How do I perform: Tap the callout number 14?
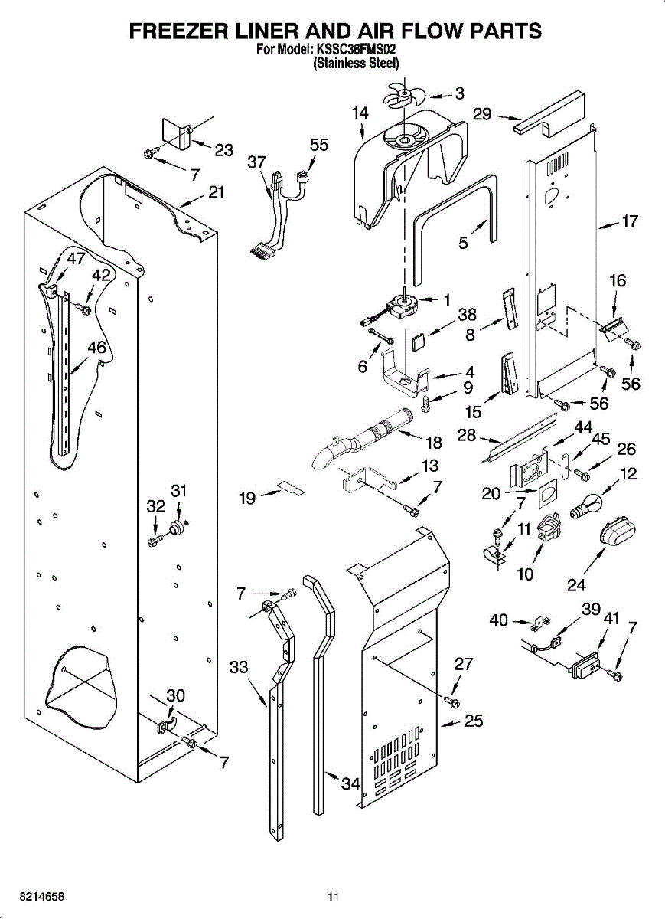360,113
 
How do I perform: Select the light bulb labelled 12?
586,507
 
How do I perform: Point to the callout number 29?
482,113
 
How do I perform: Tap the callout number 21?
216,191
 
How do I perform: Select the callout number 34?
351,783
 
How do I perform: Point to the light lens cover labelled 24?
618,532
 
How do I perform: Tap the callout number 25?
474,733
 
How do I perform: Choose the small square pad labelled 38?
418,342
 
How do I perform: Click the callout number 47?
76,258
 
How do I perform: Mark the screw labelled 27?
452,702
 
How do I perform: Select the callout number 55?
319,145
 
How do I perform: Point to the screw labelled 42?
83,309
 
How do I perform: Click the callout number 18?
434,443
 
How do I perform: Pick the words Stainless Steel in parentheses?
357,63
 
